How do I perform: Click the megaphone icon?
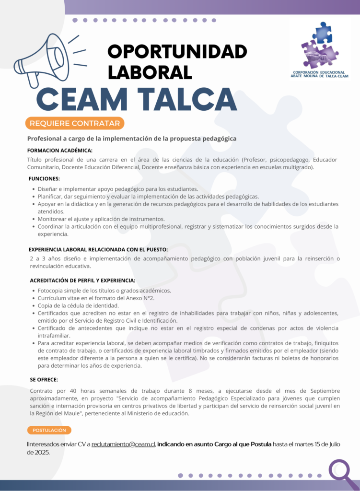click(x=43, y=61)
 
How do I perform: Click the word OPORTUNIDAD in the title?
click(x=177, y=52)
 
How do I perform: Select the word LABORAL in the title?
click(x=150, y=71)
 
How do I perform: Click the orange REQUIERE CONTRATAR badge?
click(x=75, y=123)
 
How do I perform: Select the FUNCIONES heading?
click(x=44, y=178)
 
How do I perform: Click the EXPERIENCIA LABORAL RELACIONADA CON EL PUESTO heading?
click(x=98, y=249)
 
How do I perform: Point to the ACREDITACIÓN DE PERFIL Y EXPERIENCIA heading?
click(x=82, y=280)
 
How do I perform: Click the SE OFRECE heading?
click(x=44, y=379)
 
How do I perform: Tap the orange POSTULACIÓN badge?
click(x=49, y=430)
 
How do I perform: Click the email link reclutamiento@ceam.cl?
click(x=123, y=444)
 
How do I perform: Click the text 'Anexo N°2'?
click(x=140, y=298)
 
